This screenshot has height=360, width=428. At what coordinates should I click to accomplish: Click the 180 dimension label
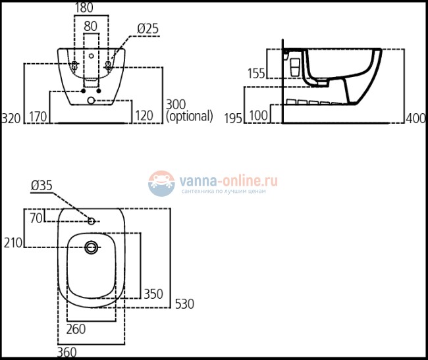pos(84,7)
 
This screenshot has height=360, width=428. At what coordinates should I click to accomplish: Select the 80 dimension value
pos(91,26)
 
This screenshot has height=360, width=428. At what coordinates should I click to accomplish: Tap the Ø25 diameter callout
pos(147,29)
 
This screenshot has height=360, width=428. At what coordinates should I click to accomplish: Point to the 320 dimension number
pos(11,118)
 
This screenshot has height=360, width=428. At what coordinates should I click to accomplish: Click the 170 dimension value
pos(38,116)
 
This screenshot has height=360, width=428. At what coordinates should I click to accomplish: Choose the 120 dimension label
pos(144,116)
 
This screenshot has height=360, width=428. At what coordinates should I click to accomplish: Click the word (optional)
pos(190,116)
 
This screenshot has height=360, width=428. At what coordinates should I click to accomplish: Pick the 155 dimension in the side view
pos(256,73)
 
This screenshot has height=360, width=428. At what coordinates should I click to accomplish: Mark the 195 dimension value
pos(233,118)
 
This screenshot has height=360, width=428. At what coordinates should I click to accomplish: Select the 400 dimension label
pos(415,118)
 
